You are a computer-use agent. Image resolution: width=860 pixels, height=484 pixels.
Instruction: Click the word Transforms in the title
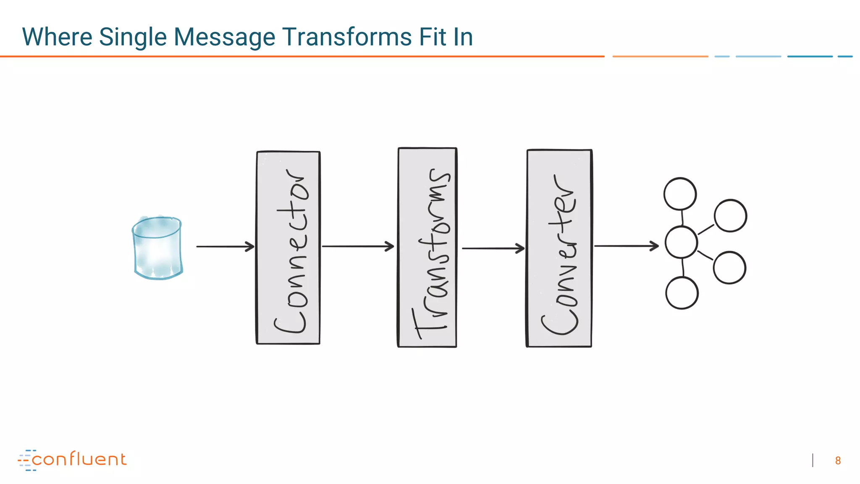click(347, 37)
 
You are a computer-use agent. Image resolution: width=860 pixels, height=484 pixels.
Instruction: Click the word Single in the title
click(133, 37)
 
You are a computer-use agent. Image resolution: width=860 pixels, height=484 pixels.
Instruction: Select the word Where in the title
click(57, 37)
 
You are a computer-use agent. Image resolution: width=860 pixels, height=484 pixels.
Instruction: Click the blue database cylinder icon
click(157, 248)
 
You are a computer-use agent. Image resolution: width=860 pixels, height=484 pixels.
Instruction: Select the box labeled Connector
click(288, 248)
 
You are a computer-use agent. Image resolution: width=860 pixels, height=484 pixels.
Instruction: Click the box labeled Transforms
click(427, 248)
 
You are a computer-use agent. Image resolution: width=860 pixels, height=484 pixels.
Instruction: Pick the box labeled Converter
click(559, 248)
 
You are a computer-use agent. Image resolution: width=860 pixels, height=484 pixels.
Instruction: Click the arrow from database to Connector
click(225, 247)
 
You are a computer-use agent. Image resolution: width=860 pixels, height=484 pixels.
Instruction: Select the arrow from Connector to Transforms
click(358, 247)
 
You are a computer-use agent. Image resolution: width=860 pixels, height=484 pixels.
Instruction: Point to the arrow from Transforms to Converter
click(493, 248)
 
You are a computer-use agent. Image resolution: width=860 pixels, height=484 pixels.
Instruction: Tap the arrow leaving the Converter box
click(626, 246)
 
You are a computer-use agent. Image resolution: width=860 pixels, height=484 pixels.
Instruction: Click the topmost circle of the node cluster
click(680, 194)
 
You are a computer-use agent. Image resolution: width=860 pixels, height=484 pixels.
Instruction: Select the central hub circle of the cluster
click(681, 242)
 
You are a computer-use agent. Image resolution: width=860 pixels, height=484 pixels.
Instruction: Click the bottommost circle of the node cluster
click(682, 293)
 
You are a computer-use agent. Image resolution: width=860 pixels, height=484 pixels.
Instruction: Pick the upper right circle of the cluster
click(730, 216)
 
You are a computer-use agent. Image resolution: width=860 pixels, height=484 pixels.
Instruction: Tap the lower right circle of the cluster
click(729, 268)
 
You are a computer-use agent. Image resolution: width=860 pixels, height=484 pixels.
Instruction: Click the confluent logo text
click(79, 460)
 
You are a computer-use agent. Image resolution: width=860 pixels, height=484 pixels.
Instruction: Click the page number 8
click(838, 461)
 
